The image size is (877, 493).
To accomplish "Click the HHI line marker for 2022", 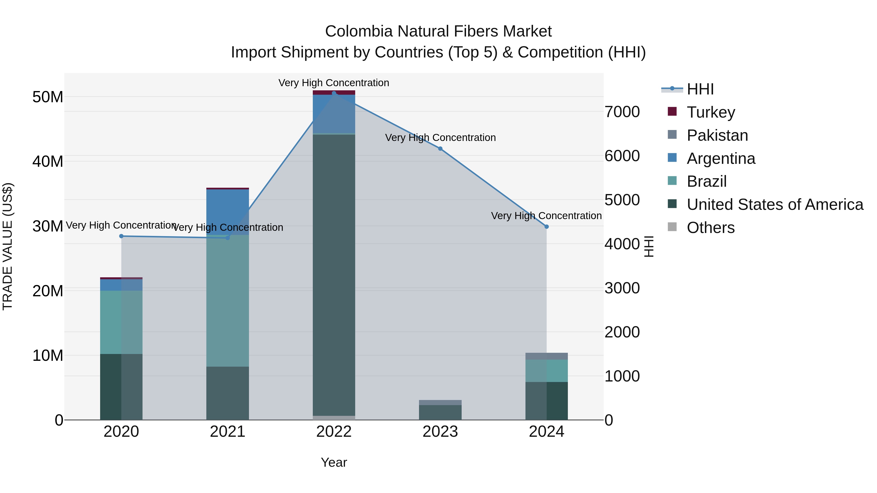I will (334, 93).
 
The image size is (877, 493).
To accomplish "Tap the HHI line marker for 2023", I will (440, 149).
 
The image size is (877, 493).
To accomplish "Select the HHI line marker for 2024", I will (546, 227).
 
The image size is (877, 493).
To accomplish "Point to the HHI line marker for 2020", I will (121, 236).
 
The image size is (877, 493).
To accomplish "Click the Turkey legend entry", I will (711, 112).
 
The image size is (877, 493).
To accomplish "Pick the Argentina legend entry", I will (721, 158).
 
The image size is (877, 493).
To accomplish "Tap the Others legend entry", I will (711, 228).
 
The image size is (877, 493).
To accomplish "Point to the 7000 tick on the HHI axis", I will (622, 112).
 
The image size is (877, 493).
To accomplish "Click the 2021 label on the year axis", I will (228, 432).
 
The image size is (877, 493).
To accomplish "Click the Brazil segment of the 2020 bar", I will (121, 322).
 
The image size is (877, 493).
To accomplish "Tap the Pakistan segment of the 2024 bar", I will (546, 356).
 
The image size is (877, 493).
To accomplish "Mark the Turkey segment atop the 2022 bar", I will (334, 93).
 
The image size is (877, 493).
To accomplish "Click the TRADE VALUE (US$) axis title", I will (8, 246).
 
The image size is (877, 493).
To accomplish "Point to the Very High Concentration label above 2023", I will (440, 138).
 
